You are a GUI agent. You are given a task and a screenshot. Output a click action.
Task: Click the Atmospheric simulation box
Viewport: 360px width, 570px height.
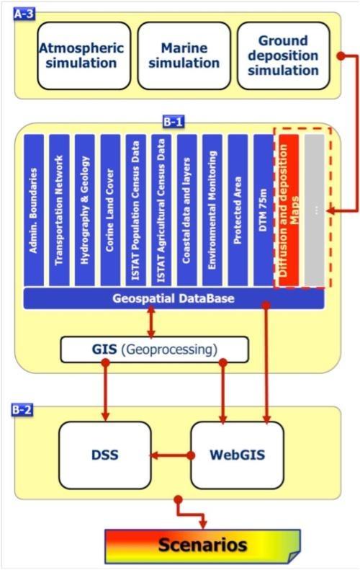coord(84,55)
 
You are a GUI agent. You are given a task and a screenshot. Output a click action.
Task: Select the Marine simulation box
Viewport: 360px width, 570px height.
coord(184,55)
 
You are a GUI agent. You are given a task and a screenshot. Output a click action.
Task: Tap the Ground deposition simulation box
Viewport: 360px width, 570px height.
coord(284,55)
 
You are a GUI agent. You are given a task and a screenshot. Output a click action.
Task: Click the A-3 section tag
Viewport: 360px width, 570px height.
coord(24,14)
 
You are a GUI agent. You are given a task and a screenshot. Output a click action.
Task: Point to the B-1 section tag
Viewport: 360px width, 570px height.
coord(174,122)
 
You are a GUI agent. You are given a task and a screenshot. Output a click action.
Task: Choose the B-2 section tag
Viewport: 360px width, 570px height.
coord(22,410)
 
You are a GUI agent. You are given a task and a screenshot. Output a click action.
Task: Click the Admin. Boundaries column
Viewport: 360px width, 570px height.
coord(34,210)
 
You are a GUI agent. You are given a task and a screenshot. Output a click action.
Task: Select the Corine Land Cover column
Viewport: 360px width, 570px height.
coord(110,210)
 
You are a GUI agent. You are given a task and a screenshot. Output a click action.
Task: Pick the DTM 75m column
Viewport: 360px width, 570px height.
coord(264,210)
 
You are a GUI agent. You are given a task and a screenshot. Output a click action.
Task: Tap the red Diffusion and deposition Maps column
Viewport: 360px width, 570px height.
coord(289,210)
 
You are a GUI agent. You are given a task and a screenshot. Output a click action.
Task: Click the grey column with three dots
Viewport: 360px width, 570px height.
coord(314,210)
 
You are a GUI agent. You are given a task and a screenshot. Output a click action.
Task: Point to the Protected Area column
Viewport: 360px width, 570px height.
coord(238,210)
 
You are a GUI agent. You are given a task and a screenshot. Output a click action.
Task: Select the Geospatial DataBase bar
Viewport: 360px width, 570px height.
coord(174,298)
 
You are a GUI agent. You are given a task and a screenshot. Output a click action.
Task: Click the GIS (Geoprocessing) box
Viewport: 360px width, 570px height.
coord(154,349)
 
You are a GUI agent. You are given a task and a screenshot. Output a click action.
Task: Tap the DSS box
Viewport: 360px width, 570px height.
coord(105,455)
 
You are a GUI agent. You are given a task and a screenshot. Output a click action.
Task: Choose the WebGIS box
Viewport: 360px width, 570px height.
coord(237,455)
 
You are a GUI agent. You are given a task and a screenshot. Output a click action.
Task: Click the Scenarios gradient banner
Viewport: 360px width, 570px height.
coord(203,546)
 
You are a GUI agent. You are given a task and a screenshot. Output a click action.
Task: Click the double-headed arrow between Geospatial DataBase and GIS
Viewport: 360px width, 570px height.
coord(151,322)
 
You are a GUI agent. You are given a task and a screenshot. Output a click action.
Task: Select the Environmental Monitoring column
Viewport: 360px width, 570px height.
coord(212,210)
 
